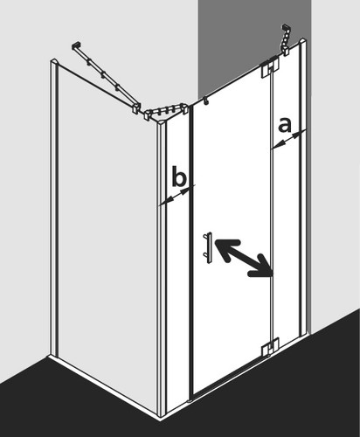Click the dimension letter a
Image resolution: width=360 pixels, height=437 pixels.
click(x=285, y=125)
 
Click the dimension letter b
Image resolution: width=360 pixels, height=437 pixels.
click(x=179, y=176)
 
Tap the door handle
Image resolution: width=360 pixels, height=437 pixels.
click(x=208, y=247)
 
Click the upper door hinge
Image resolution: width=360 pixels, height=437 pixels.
click(x=270, y=69)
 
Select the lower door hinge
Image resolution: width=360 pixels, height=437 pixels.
click(x=270, y=347)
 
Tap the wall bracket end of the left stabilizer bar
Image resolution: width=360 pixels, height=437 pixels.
click(x=76, y=45)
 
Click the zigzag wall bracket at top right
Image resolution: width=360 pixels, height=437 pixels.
click(x=285, y=39)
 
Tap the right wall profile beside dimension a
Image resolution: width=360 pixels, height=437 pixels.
click(x=303, y=186)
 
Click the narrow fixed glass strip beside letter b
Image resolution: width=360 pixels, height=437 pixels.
click(x=177, y=262)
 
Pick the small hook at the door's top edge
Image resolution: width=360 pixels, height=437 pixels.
click(x=206, y=101)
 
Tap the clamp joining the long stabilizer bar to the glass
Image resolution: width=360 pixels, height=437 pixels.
click(x=136, y=108)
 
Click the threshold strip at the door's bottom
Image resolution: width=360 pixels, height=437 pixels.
click(x=230, y=378)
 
